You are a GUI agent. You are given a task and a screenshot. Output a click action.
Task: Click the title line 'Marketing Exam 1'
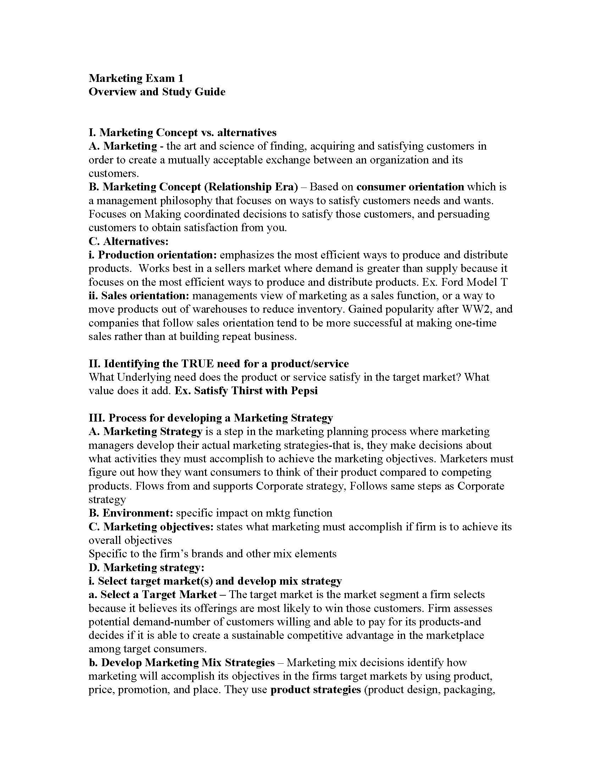[136, 78]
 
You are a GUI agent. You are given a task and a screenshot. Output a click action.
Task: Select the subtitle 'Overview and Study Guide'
[157, 92]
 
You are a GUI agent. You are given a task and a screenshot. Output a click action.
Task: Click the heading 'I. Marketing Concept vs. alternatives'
[183, 133]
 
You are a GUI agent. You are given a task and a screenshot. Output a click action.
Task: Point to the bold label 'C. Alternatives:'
[128, 241]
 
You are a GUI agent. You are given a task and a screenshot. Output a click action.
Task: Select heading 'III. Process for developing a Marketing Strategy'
[211, 418]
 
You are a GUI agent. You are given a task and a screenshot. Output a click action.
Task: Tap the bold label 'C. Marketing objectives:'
[151, 527]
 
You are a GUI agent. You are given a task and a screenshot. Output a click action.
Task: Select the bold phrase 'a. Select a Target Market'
[153, 595]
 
